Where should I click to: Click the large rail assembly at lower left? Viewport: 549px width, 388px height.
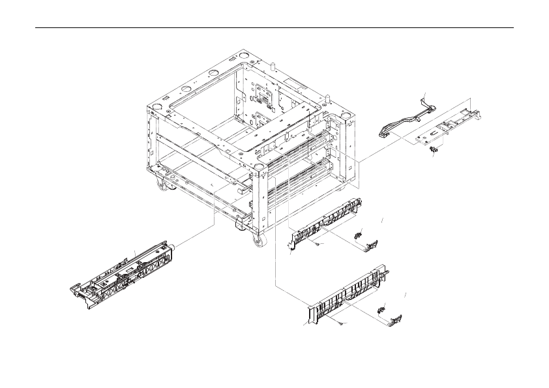tap(124, 269)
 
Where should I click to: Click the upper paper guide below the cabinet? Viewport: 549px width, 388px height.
tap(325, 222)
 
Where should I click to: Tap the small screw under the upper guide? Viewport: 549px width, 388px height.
tap(316, 243)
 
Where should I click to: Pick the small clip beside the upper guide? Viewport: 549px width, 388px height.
tap(357, 233)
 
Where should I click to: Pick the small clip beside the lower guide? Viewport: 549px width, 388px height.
tap(383, 308)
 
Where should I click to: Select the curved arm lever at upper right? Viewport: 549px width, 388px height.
tap(401, 121)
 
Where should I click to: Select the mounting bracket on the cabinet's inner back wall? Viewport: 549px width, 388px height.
tap(263, 97)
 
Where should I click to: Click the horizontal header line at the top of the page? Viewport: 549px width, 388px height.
tap(274, 28)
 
